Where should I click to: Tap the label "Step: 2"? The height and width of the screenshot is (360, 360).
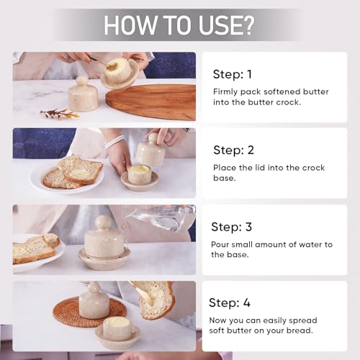tap(234, 150)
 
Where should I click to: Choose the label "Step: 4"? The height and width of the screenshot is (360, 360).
tap(230, 302)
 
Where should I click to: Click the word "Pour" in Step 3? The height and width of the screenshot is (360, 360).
tap(222, 244)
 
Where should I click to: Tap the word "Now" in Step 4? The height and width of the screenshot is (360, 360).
tap(222, 320)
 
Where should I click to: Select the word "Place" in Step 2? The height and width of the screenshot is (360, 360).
tap(225, 168)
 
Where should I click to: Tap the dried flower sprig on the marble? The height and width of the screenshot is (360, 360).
tap(60, 113)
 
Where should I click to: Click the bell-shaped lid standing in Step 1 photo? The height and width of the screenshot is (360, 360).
tap(83, 95)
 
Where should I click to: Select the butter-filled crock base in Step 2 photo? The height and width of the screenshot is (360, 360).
tap(139, 176)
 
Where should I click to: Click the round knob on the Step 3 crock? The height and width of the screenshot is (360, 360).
tap(104, 222)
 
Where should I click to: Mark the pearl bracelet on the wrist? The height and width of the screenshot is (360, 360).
tap(114, 141)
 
